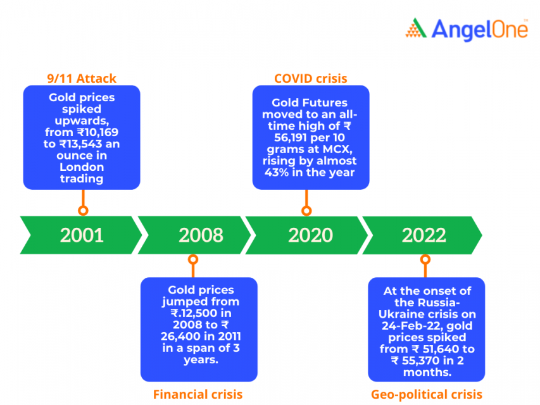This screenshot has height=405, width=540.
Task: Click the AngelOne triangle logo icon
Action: (x=416, y=28)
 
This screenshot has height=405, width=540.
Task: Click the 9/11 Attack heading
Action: (x=82, y=78)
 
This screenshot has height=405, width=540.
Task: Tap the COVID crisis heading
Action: (x=310, y=78)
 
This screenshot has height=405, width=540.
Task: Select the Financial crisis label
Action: (x=198, y=394)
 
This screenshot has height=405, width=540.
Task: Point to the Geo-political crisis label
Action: (x=426, y=394)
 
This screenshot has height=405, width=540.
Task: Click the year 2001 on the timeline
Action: (x=82, y=235)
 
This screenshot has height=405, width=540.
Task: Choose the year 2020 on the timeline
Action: (x=310, y=235)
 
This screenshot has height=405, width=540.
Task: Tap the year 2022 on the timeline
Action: (x=424, y=235)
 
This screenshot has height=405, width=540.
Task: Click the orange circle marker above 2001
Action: (x=82, y=211)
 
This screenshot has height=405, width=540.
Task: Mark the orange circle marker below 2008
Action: (x=193, y=259)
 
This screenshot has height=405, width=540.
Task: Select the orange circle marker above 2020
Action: (x=307, y=211)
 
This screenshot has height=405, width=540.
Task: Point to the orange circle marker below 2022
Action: (x=425, y=259)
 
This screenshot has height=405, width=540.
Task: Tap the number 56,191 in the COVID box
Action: (x=287, y=137)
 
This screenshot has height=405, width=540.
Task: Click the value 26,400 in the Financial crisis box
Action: (x=180, y=336)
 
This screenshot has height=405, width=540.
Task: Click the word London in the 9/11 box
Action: (x=82, y=167)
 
